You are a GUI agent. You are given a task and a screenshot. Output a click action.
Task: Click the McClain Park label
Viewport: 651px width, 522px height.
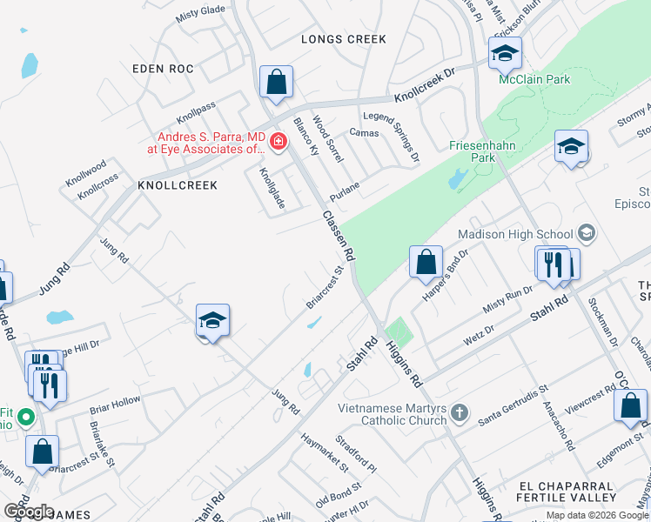click(534, 79)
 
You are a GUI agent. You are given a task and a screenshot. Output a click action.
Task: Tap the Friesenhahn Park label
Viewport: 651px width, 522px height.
click(472, 151)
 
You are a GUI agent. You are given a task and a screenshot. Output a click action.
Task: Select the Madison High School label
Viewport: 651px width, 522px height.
click(515, 234)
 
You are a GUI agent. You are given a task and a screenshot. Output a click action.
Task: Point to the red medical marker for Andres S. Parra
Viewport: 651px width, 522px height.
click(279, 141)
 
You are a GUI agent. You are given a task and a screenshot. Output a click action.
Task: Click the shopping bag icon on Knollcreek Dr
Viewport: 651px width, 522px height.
click(276, 84)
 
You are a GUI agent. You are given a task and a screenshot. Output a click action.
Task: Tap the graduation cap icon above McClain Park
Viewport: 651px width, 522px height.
click(505, 54)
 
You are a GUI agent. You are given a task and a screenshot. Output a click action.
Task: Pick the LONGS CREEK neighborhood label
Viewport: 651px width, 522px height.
click(343, 39)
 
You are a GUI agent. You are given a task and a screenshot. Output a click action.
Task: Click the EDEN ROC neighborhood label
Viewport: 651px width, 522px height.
click(163, 68)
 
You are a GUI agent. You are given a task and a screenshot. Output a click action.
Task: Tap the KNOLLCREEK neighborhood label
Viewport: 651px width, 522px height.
click(177, 185)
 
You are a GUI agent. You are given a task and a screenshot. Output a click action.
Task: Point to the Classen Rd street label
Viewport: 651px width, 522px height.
click(338, 236)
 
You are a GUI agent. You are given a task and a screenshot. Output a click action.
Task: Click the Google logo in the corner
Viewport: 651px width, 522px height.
click(29, 511)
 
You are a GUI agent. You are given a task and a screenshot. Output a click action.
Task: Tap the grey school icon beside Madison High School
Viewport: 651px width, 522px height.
click(587, 233)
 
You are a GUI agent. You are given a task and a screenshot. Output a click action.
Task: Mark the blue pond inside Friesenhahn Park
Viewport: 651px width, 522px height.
click(455, 180)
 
